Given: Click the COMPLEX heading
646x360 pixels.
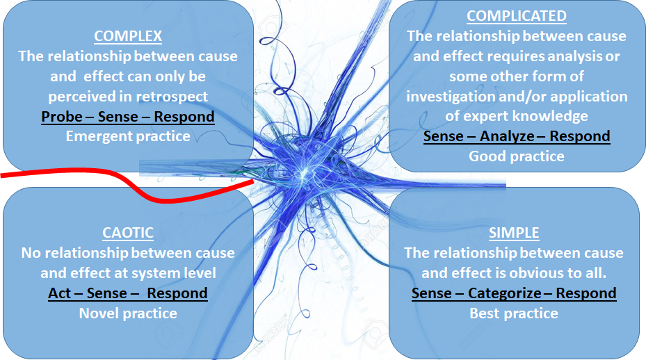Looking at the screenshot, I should point(127,36).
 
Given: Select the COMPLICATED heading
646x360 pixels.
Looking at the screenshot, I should point(516,16).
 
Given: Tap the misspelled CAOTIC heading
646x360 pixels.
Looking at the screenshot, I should point(127,233).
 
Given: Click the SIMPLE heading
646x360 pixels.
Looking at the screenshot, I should point(514,233).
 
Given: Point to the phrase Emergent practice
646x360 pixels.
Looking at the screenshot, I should point(127,136).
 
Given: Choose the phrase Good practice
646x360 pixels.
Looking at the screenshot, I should point(516,156).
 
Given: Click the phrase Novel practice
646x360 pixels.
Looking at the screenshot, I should point(127,313).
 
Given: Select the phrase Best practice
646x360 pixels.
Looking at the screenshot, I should point(514,313).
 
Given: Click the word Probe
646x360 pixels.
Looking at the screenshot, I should point(61,117).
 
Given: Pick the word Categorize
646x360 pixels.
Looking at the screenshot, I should point(504,293).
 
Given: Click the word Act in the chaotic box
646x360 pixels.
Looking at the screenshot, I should point(60,293).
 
